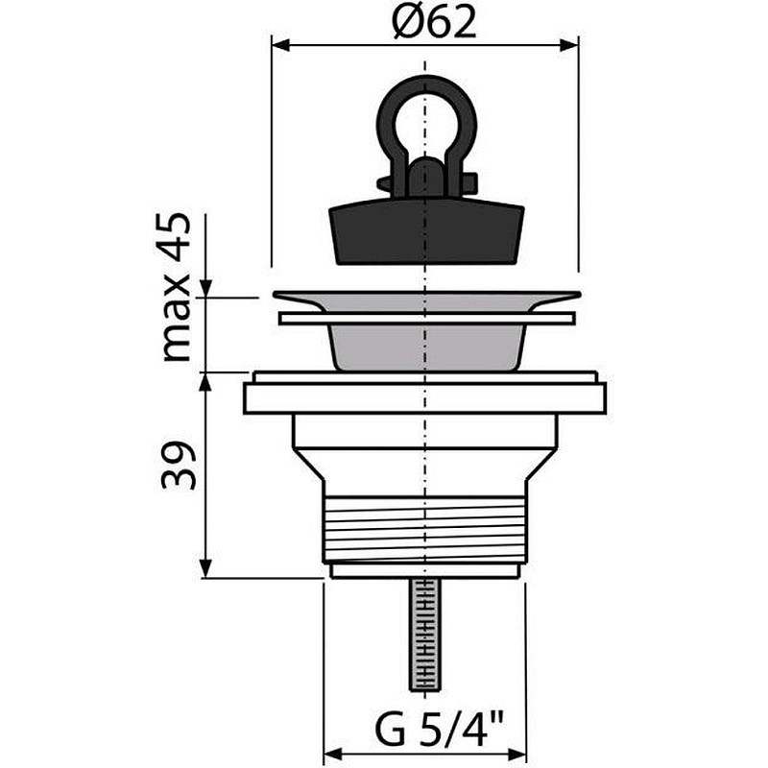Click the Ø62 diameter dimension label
pos(434,22)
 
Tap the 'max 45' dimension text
pos(177,287)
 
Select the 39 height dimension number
pos(179,466)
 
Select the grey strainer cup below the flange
pos(425,347)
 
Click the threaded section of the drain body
pos(425,530)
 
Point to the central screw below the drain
pos(422,634)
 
